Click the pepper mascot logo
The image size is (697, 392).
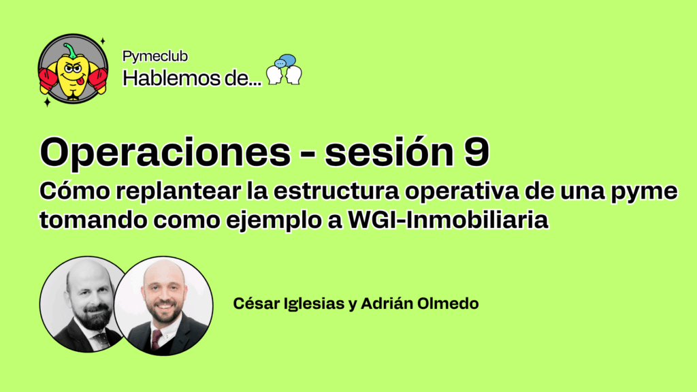pos(73,69)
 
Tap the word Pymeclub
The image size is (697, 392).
pos(155,56)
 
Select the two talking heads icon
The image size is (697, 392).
pos(284,70)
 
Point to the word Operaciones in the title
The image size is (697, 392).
pos(165,152)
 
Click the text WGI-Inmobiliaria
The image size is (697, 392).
pos(448,220)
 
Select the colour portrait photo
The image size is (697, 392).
pos(163,306)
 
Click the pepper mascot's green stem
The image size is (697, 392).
pos(70,50)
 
